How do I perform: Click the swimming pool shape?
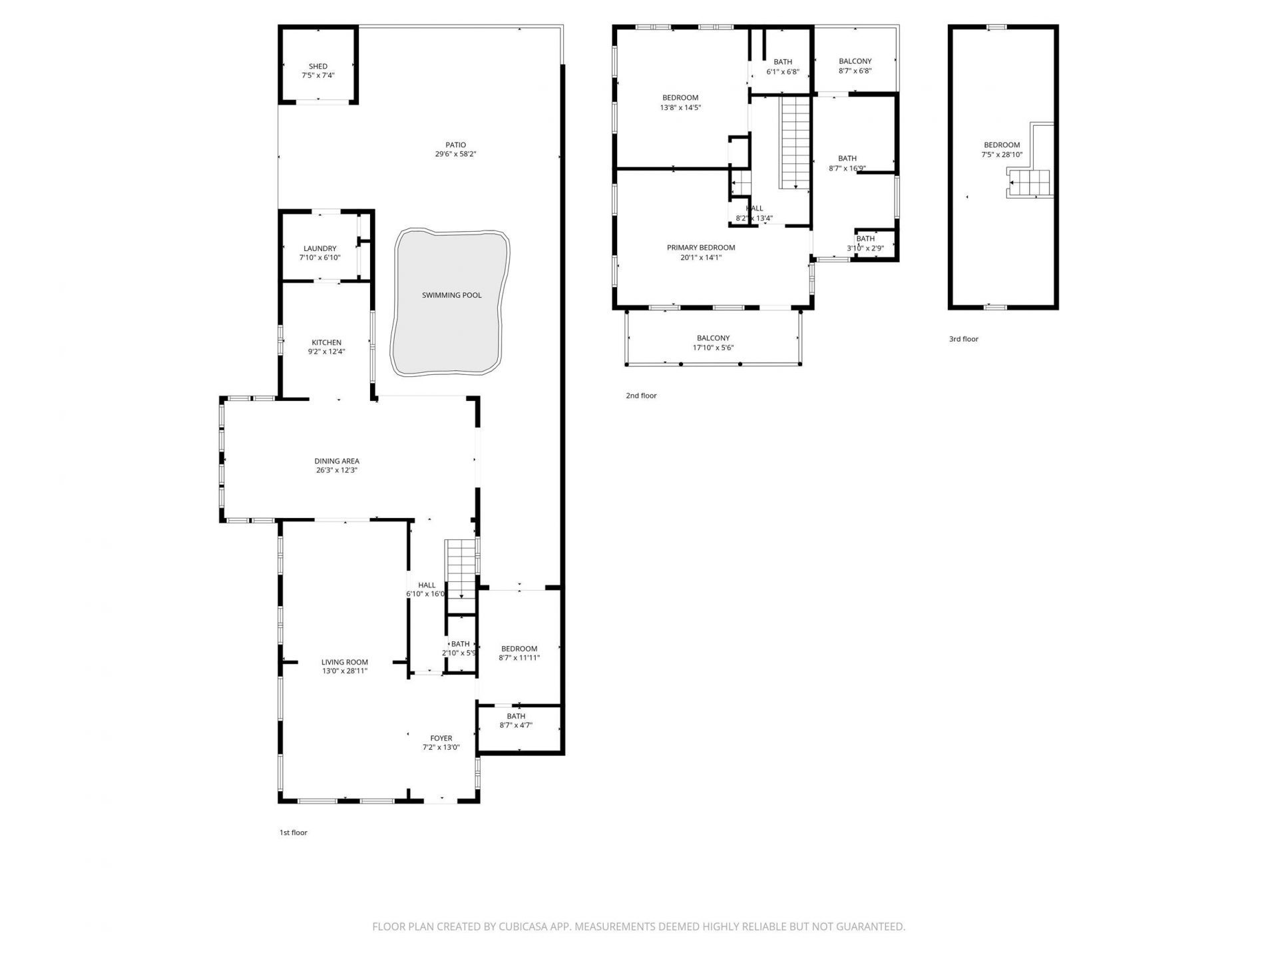451,303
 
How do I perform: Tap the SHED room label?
318,67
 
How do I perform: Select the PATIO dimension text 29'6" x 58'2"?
456,155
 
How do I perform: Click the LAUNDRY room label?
320,248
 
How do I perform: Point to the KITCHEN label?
326,342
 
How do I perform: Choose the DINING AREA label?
337,461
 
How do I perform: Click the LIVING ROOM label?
345,662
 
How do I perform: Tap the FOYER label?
441,738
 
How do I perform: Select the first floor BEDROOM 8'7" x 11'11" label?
519,649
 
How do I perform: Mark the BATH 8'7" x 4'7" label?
516,717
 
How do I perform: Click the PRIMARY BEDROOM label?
701,248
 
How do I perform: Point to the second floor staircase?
795,141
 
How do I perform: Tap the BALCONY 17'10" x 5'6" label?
713,338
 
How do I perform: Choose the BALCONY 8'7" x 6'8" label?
855,61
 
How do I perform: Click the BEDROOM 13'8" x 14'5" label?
680,98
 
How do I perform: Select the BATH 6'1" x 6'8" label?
783,62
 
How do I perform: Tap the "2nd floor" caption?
641,396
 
